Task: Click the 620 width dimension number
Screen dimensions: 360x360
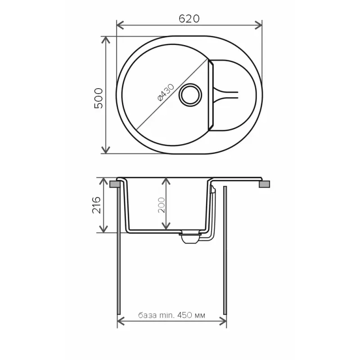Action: coord(189,18)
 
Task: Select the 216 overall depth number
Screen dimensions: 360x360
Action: coord(99,205)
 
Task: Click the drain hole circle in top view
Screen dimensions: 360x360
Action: coord(189,94)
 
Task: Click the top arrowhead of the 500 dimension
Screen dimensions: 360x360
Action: coord(106,40)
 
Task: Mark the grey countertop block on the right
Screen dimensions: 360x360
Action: coord(265,184)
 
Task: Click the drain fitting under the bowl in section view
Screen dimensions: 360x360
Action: coord(190,238)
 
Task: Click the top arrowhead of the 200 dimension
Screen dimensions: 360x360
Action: coord(166,181)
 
